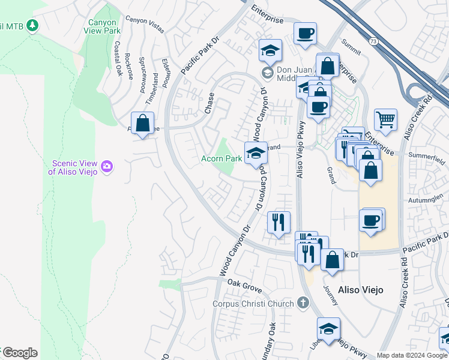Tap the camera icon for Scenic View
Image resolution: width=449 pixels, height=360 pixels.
tap(107, 166)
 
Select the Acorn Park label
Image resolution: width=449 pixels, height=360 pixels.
tap(221, 158)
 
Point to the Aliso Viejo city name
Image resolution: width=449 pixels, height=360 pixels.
tap(361, 290)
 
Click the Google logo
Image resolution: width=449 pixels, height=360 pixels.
tap(20, 353)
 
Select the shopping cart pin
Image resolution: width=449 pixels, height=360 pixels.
tap(385, 119)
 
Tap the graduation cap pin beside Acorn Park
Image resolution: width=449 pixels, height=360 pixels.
tap(256, 153)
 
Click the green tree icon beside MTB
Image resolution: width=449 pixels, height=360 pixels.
tap(32, 25)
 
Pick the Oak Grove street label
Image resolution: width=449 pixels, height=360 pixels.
tap(244, 289)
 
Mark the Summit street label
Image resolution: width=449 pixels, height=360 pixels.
tap(351, 43)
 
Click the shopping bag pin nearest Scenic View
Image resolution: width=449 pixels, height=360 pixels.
tap(142, 124)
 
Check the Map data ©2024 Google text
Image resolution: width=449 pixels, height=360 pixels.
tap(412, 355)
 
